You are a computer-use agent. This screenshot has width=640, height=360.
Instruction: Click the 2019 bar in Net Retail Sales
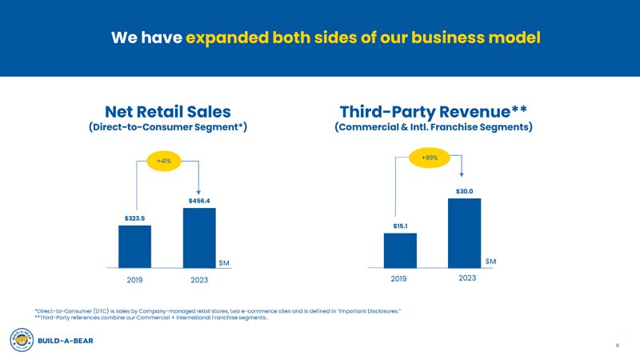(134, 246)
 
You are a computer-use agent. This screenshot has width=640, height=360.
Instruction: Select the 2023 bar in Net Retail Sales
(199, 238)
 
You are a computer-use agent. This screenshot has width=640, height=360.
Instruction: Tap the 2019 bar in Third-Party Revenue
(400, 250)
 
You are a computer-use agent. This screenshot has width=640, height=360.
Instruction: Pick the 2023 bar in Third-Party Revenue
(464, 233)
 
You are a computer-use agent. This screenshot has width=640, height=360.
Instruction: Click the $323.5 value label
(134, 218)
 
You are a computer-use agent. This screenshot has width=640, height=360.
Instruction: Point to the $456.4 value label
(199, 200)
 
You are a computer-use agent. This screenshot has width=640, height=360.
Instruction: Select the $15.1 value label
(401, 226)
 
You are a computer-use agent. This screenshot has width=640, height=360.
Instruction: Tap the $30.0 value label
(465, 191)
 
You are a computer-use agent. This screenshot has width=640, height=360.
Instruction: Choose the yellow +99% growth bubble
(430, 158)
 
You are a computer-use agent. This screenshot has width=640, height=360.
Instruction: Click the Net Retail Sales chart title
(168, 110)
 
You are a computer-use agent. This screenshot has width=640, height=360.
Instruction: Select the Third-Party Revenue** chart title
(433, 110)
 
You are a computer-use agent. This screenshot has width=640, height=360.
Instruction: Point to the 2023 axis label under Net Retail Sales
(199, 280)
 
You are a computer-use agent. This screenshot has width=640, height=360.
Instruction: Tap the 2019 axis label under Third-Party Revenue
(399, 278)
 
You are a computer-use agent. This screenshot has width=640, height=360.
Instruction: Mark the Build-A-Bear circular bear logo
(20, 340)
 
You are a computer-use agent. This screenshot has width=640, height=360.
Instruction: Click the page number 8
(618, 346)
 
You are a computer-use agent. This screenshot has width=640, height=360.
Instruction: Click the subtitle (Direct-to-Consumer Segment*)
(167, 127)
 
